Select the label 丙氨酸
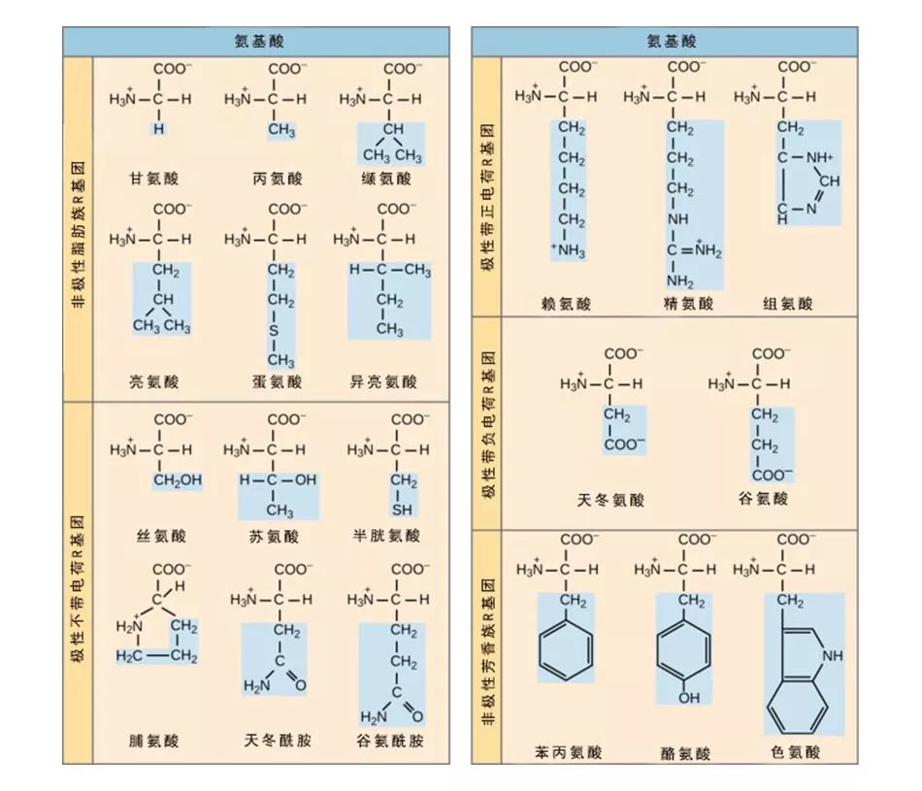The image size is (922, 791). coord(278,179)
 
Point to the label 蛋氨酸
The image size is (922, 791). coord(278,382)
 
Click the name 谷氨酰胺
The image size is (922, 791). coord(390,742)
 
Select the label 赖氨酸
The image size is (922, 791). coord(566,304)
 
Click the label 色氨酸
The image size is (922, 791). coord(796,752)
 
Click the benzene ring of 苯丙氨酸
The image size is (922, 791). coord(566,652)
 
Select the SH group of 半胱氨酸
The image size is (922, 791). coord(402,510)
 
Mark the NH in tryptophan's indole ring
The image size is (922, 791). coord(833,656)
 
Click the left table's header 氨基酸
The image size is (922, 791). coord(256,42)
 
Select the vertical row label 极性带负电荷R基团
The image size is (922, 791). coord(488,423)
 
